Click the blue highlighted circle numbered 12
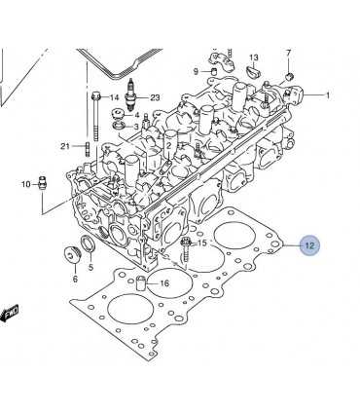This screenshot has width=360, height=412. click(x=309, y=245)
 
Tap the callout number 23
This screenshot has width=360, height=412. click(x=155, y=97)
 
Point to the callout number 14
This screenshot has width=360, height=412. click(x=114, y=97)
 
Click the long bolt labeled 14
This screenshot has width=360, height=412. click(x=95, y=116)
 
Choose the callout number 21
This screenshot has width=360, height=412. click(x=65, y=146)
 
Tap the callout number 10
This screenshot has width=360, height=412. click(x=26, y=184)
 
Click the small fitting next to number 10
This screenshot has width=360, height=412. click(x=42, y=184)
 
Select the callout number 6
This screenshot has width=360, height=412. click(x=75, y=279)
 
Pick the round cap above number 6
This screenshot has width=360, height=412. click(x=72, y=254)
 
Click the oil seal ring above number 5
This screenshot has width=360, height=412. click(x=88, y=244)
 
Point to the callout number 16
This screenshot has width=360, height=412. click(x=164, y=283)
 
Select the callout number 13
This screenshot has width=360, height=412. click(x=254, y=57)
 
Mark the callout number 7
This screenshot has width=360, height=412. click(x=289, y=53)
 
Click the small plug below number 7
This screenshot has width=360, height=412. click(x=289, y=77)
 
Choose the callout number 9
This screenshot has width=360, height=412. click(x=196, y=71)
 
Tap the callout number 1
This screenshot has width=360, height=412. click(x=328, y=95)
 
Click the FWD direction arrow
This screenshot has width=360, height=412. click(x=10, y=314)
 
